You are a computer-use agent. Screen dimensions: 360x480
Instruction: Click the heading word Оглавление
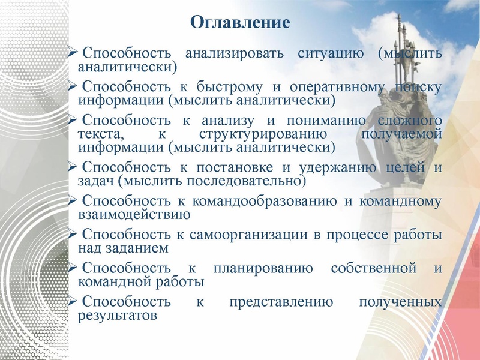click(240, 23)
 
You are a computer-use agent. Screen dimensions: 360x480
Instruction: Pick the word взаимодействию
click(134, 214)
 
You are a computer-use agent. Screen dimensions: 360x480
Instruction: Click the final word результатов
click(118, 314)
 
